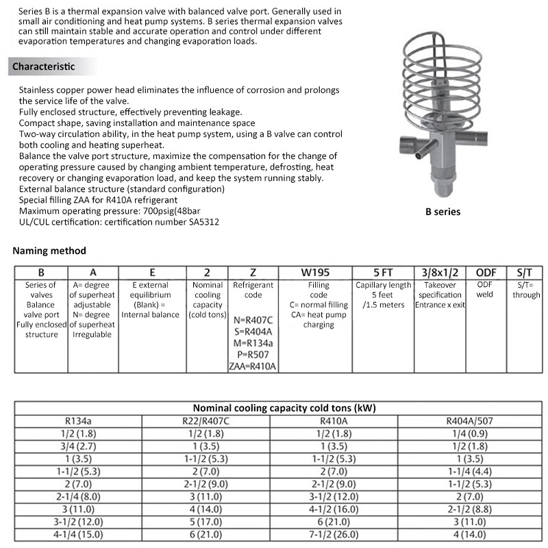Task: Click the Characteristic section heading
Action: tap(43, 66)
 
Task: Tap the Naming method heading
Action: tap(49, 251)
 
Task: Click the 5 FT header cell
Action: tap(382, 272)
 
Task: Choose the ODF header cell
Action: tap(485, 272)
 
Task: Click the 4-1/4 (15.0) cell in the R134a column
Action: tap(79, 534)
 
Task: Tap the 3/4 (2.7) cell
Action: tap(79, 446)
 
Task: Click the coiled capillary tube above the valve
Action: tap(438, 75)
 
